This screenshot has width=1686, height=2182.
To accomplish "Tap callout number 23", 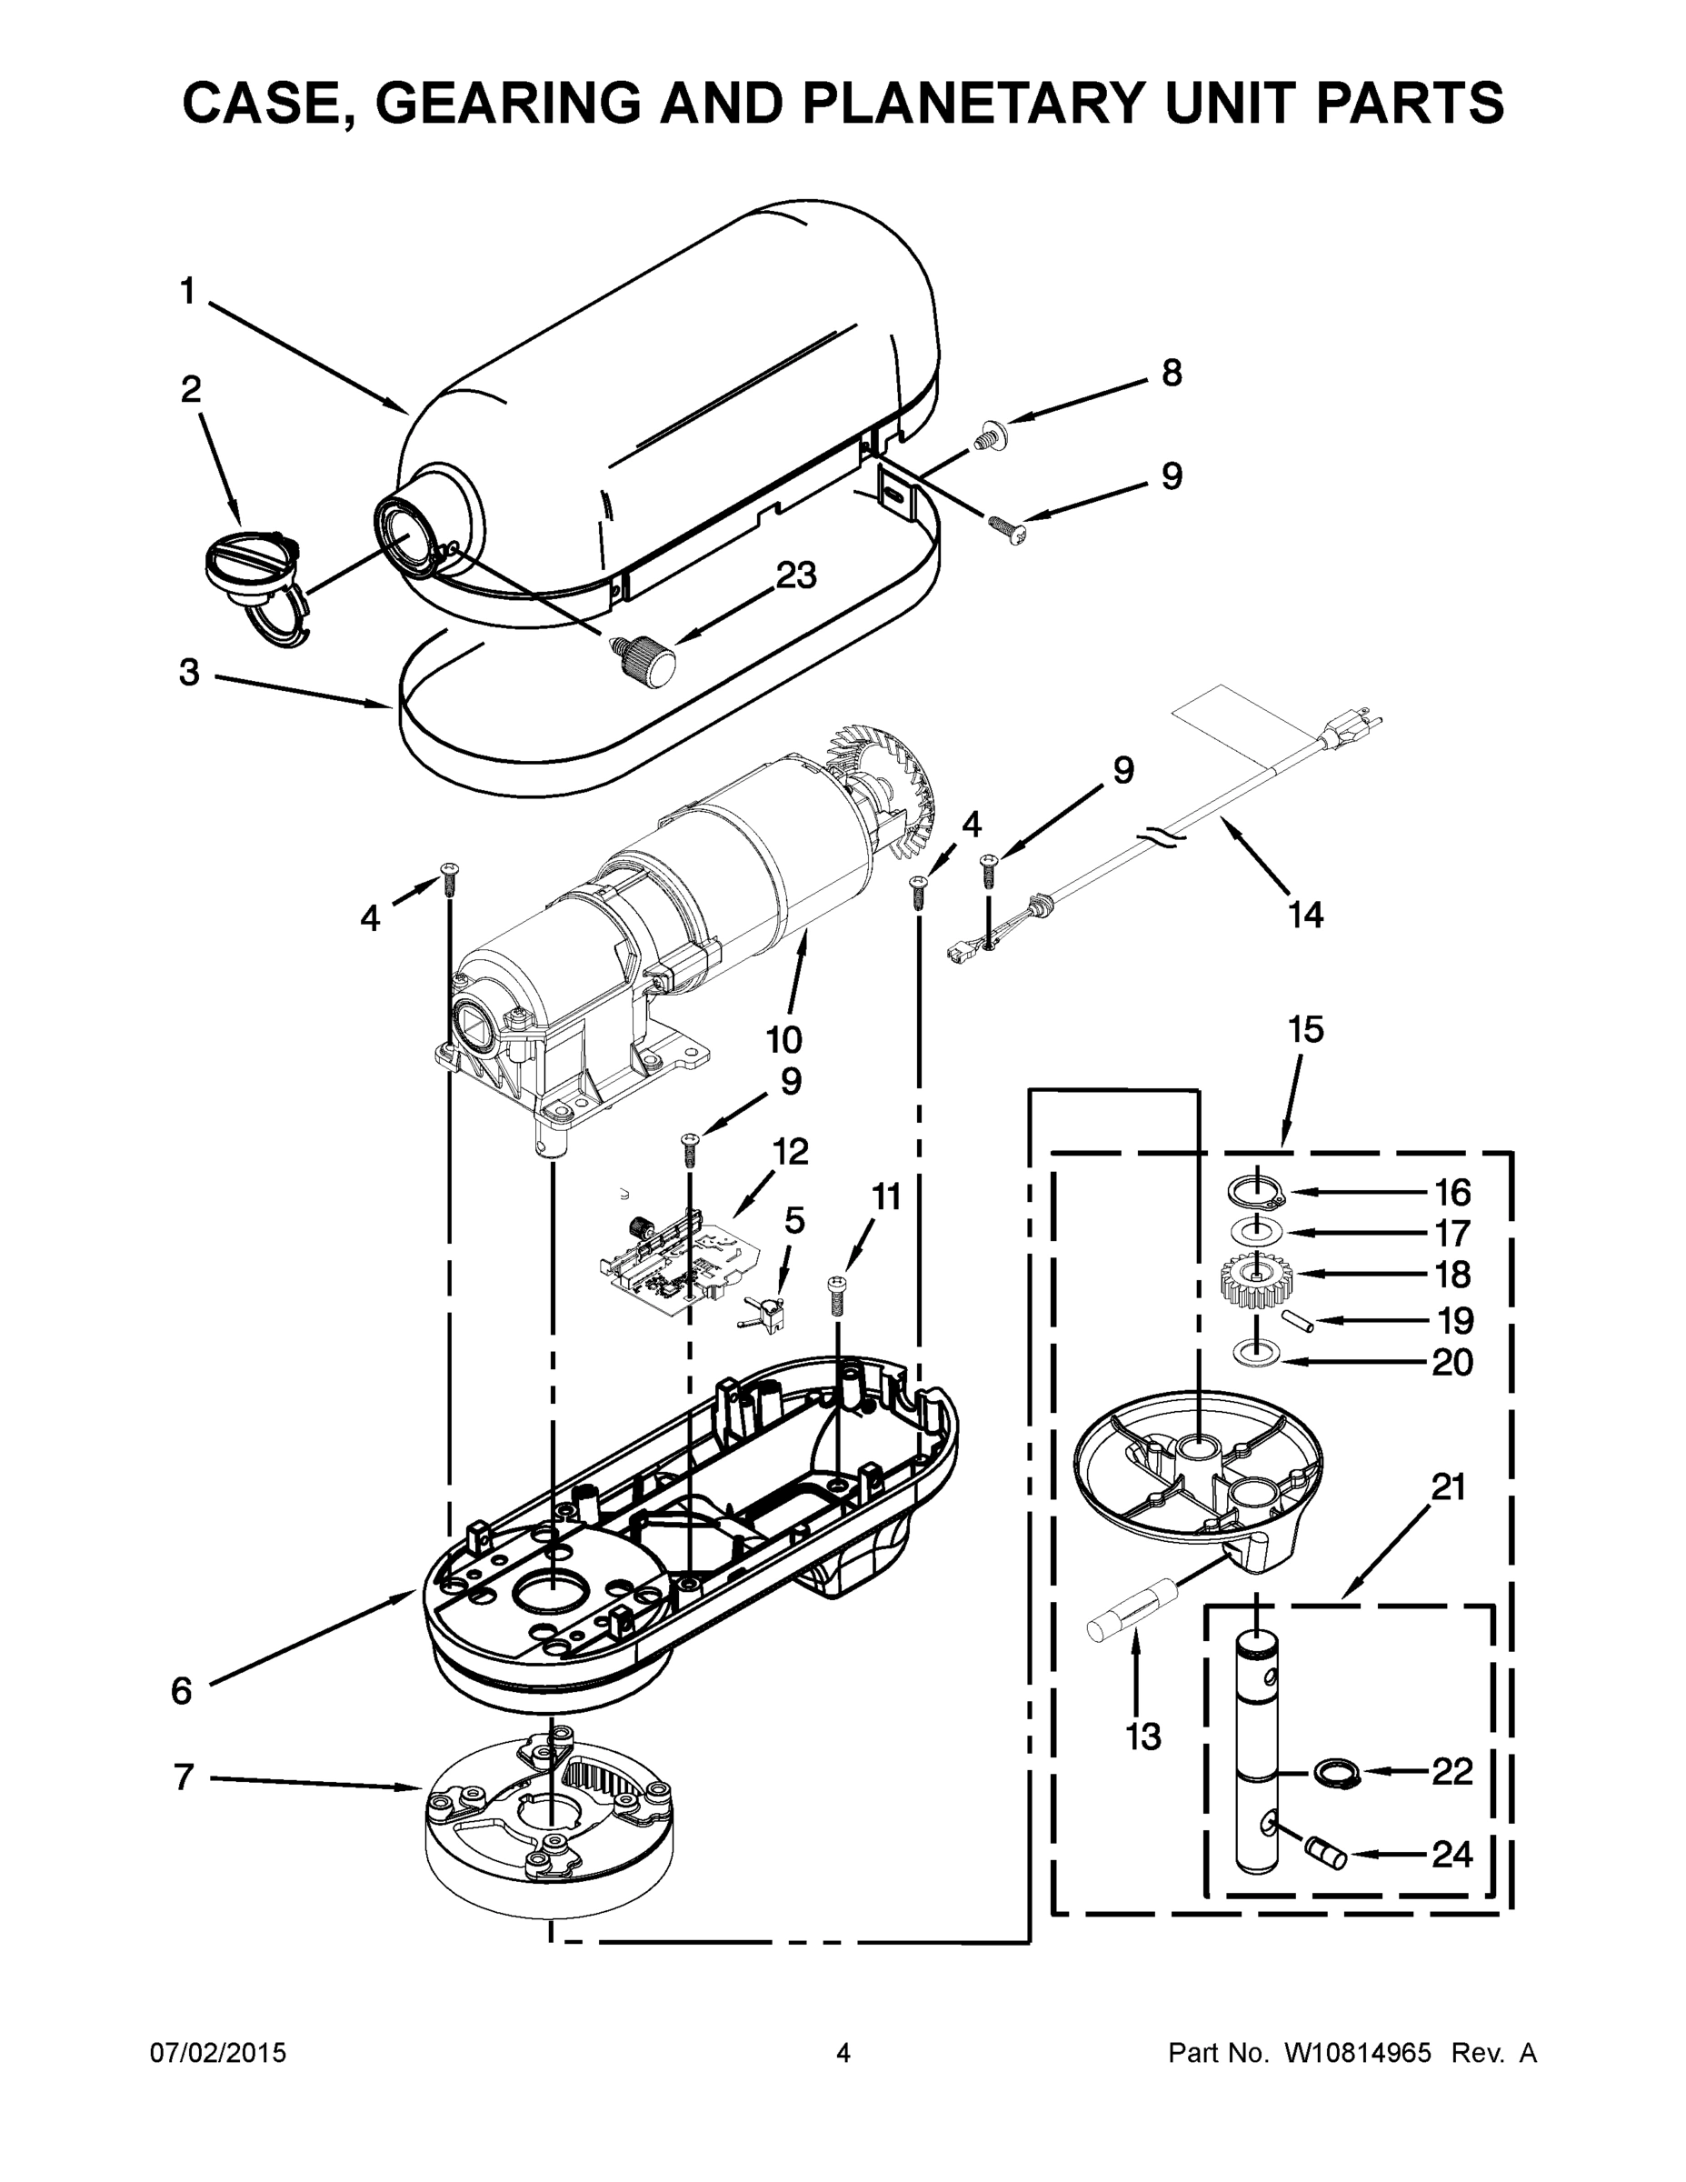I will (x=796, y=576).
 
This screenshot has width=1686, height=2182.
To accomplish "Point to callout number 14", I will (x=1305, y=913).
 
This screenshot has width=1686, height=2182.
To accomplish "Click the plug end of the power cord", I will (x=1354, y=728).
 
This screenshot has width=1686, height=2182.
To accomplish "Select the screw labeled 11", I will (x=837, y=1296).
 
